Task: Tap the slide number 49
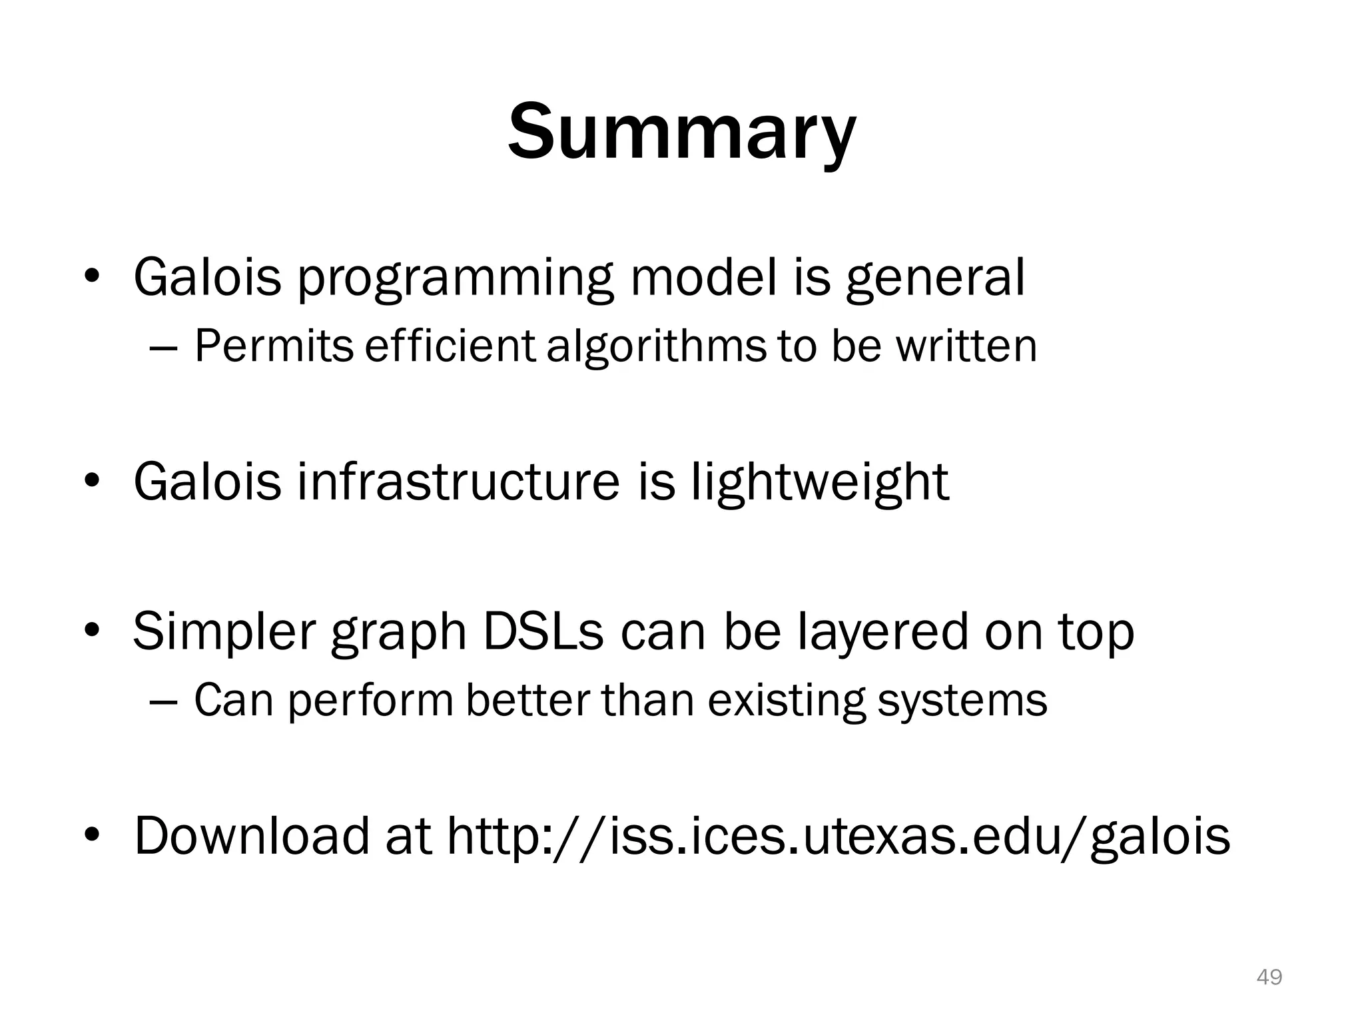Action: [1269, 977]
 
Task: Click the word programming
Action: [454, 278]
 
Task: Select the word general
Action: [935, 278]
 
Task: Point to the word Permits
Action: [274, 346]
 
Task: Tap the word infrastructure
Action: [458, 482]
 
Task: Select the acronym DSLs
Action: [543, 631]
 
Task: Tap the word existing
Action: [787, 701]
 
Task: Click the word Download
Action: [251, 835]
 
